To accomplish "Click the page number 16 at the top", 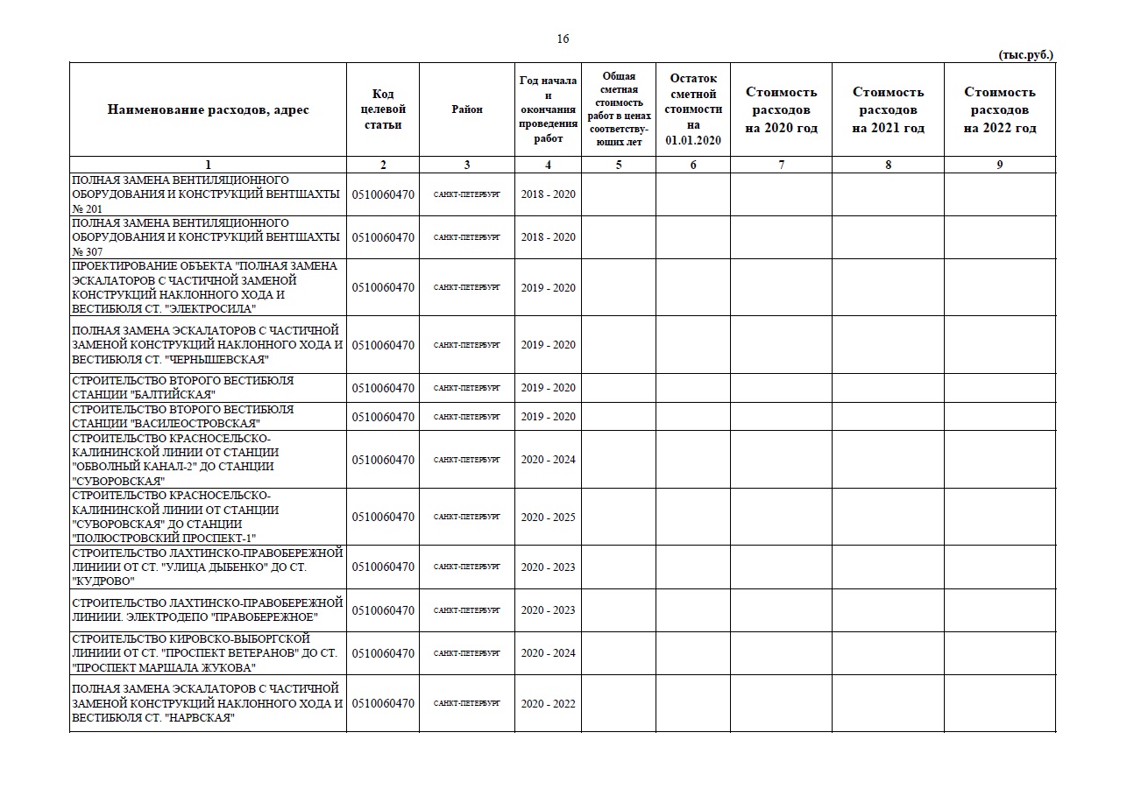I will coord(563,39).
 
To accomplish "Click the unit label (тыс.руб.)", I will coord(1025,54).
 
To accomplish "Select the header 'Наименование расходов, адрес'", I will coord(208,109).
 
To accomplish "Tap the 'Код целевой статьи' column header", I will coord(383,109).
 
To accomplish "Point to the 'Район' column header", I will coord(467,109).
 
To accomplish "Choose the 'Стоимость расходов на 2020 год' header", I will coord(781,109).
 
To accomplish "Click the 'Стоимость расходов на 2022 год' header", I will coord(1000,109).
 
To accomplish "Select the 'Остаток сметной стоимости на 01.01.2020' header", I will coord(693,109).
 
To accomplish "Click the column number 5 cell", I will coord(619,165).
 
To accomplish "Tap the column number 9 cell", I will coord(1000,165).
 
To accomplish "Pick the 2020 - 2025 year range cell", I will coord(548,517).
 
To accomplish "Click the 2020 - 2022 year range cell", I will coord(548,703).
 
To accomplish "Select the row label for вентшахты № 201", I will coord(206,194).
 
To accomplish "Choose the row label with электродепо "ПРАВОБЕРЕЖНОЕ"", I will coord(207,610).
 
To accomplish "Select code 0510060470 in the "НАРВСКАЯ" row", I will coord(383,703).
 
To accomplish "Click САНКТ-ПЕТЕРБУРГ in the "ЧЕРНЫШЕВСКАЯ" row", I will coord(467,345).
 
